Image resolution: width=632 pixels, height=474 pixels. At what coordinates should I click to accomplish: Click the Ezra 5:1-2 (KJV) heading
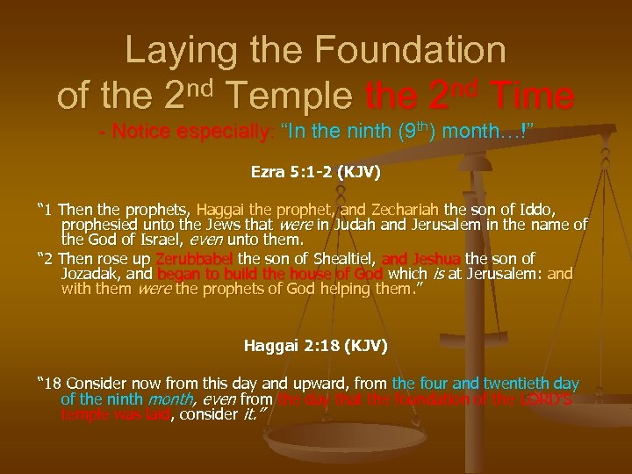[316, 174]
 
